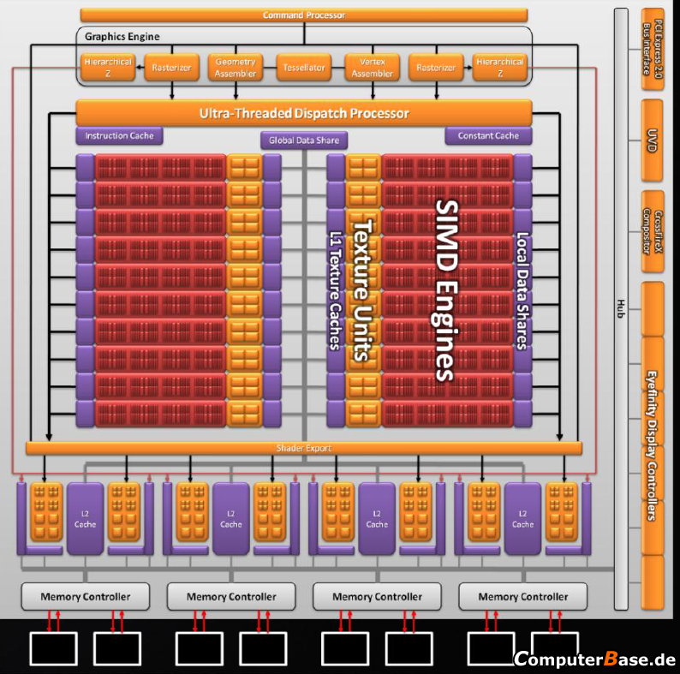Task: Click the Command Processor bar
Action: tap(304, 15)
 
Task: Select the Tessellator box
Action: tap(304, 68)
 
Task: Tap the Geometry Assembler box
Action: tap(236, 68)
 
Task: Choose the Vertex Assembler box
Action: tap(373, 68)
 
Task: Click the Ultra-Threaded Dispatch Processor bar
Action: tap(304, 113)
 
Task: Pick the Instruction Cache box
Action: tap(119, 136)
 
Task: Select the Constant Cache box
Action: tap(488, 136)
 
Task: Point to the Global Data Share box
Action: tap(304, 140)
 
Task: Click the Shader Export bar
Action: tap(304, 448)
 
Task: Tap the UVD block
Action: tap(652, 140)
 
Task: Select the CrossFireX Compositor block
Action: tap(653, 231)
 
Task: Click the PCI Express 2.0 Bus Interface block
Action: tap(653, 49)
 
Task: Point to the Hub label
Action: tap(621, 308)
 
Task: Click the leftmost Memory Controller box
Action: tap(86, 596)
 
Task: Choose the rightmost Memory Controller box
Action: tap(523, 596)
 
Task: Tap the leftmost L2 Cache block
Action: tap(85, 519)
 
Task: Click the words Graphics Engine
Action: tap(122, 37)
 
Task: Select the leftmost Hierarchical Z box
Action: tap(108, 68)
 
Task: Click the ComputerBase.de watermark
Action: tap(595, 659)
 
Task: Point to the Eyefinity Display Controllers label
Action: tap(652, 445)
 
